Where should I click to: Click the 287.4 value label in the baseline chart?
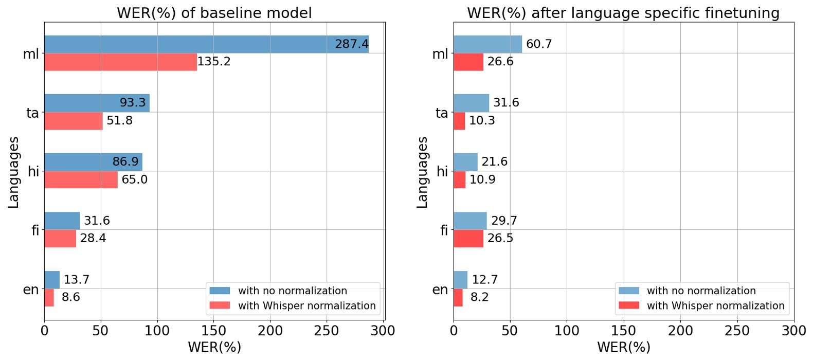pyautogui.click(x=352, y=44)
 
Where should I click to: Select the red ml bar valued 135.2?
pyautogui.click(x=120, y=62)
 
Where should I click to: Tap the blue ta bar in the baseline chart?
pyautogui.click(x=97, y=103)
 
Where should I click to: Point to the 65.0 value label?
pyautogui.click(x=135, y=179)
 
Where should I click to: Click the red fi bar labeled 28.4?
pyautogui.click(x=60, y=239)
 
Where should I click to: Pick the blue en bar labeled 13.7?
pyautogui.click(x=52, y=280)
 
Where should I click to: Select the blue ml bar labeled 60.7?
pyautogui.click(x=487, y=44)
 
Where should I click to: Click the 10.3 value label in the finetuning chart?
pyautogui.click(x=482, y=121)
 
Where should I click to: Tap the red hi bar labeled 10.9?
pyautogui.click(x=459, y=180)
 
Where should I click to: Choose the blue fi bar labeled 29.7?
pyautogui.click(x=470, y=221)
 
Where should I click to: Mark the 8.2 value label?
pyautogui.click(x=479, y=297)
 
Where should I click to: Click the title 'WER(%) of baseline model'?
pyautogui.click(x=214, y=12)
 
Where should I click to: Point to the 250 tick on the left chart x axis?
pyautogui.click(x=327, y=331)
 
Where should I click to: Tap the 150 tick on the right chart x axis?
pyautogui.click(x=623, y=331)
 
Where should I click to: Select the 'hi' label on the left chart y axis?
pyautogui.click(x=33, y=171)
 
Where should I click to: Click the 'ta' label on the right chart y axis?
pyautogui.click(x=441, y=113)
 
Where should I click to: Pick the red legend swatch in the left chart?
pyautogui.click(x=220, y=305)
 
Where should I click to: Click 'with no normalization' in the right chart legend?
pyautogui.click(x=701, y=291)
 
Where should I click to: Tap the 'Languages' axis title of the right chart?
pyautogui.click(x=422, y=172)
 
